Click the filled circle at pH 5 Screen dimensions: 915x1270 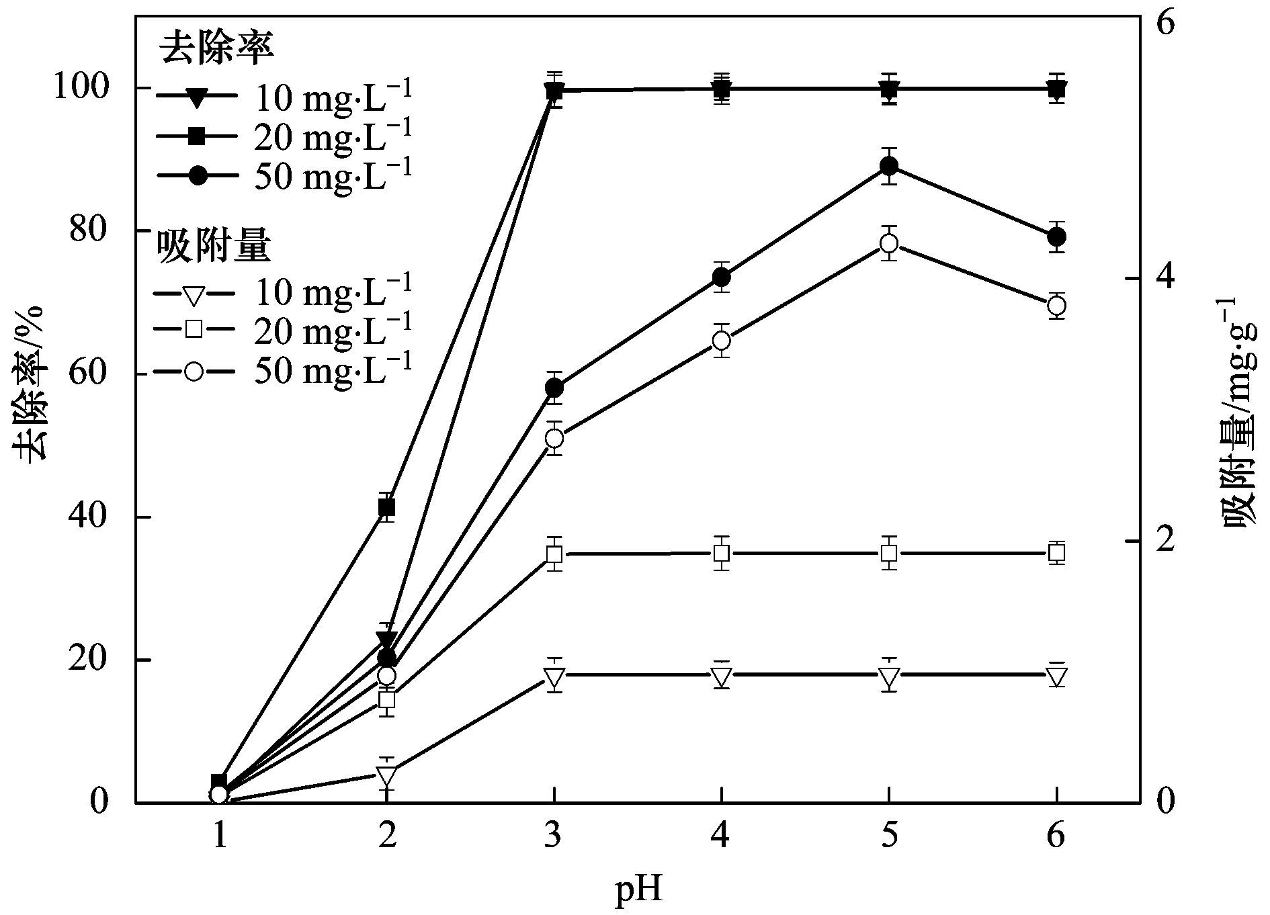pos(889,166)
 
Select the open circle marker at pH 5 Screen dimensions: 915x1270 pos(889,243)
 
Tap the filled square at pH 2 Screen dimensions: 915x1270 pos(386,507)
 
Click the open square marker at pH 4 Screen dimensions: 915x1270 pos(722,554)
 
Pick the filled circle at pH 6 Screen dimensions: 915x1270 pos(1056,236)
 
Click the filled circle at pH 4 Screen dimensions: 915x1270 pos(722,277)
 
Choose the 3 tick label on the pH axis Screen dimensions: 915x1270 pos(554,836)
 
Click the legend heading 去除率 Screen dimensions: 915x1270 pos(216,48)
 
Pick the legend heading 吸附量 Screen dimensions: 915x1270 pos(214,247)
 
